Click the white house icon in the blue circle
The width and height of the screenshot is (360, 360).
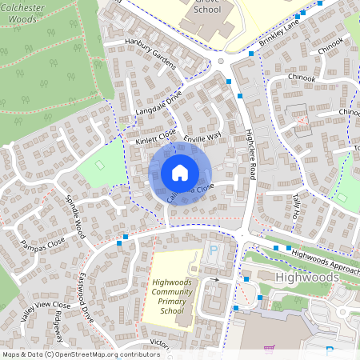tap(180, 173)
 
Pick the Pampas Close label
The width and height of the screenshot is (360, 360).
tap(43, 242)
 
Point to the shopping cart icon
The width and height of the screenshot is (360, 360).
tap(270, 350)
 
